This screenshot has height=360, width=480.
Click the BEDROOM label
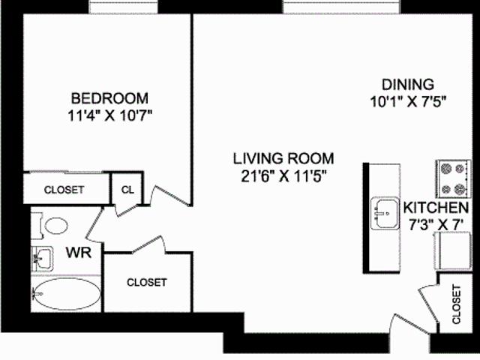pyautogui.click(x=109, y=98)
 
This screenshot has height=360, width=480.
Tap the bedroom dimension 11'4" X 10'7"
pyautogui.click(x=109, y=116)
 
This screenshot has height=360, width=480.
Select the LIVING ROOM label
pyautogui.click(x=283, y=158)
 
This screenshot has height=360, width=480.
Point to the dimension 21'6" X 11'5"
pyautogui.click(x=283, y=176)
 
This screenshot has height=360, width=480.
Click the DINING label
pyautogui.click(x=408, y=84)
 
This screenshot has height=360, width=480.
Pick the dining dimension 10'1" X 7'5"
pyautogui.click(x=408, y=102)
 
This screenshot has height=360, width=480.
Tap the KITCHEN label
pyautogui.click(x=436, y=208)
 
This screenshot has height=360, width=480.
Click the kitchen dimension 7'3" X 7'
pyautogui.click(x=436, y=225)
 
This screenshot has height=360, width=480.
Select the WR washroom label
pyautogui.click(x=79, y=253)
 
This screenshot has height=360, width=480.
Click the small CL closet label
pyautogui.click(x=127, y=190)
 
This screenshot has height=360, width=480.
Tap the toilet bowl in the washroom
pyautogui.click(x=56, y=225)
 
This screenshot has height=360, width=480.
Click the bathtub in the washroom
pyautogui.click(x=67, y=294)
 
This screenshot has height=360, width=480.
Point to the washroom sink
pyautogui.click(x=43, y=259)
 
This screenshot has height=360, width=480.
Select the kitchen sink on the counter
pyautogui.click(x=385, y=214)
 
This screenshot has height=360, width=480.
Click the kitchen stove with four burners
pyautogui.click(x=453, y=179)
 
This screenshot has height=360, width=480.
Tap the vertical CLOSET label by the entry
pyautogui.click(x=456, y=304)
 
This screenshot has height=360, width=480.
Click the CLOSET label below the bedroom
pyautogui.click(x=64, y=190)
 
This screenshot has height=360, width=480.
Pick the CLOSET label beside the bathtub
pyautogui.click(x=147, y=282)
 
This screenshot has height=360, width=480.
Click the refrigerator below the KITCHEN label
pyautogui.click(x=453, y=251)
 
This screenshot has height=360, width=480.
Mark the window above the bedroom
pyautogui.click(x=123, y=7)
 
